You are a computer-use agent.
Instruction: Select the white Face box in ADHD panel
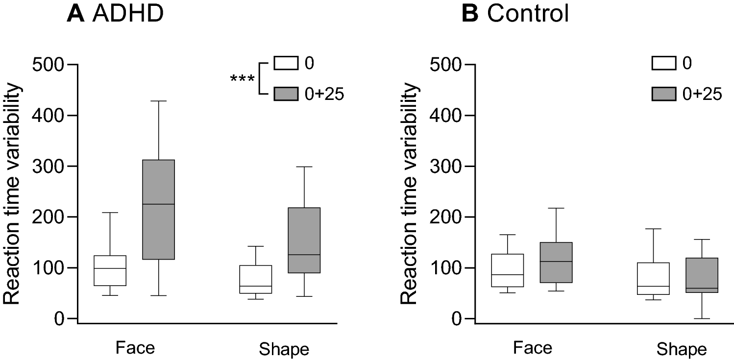pyautogui.click(x=109, y=270)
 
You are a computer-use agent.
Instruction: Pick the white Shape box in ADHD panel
pyautogui.click(x=255, y=279)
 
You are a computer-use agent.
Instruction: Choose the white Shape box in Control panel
pyautogui.click(x=653, y=278)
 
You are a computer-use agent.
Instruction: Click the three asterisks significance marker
pyautogui.click(x=243, y=79)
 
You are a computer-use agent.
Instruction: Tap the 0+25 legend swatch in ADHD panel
pyautogui.click(x=285, y=94)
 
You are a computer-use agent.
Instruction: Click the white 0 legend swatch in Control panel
pyautogui.click(x=664, y=64)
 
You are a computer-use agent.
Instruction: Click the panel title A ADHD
pyautogui.click(x=115, y=15)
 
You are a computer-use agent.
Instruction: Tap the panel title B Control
pyautogui.click(x=515, y=15)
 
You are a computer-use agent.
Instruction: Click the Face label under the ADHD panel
pyautogui.click(x=135, y=348)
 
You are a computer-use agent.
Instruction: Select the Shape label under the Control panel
pyautogui.click(x=681, y=350)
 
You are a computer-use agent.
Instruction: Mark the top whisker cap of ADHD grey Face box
pyautogui.click(x=158, y=101)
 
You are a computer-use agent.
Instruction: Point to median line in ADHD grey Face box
pyautogui.click(x=158, y=204)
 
